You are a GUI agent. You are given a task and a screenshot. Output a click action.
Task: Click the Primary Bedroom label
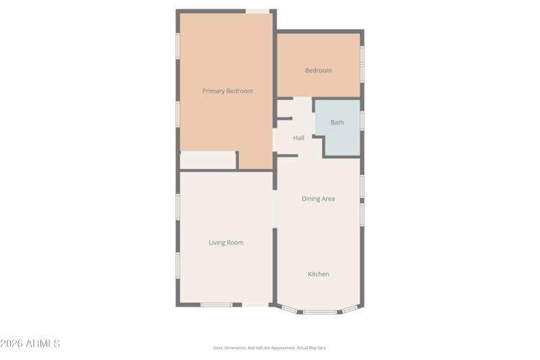pyautogui.click(x=227, y=91)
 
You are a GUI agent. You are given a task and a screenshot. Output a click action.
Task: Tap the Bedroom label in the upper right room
pyautogui.click(x=318, y=70)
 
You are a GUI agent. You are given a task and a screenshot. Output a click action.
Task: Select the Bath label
pyautogui.click(x=337, y=122)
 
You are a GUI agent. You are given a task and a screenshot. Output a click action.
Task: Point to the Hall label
pyautogui.click(x=298, y=138)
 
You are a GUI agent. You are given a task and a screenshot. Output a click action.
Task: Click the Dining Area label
pyautogui.click(x=318, y=199)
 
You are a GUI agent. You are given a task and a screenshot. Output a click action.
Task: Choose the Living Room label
pyautogui.click(x=226, y=242)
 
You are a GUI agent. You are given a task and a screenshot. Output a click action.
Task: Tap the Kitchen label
pyautogui.click(x=319, y=274)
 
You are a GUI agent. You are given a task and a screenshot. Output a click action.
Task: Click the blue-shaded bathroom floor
pyautogui.click(x=341, y=138)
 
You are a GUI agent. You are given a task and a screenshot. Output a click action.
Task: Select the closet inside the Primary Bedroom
pyautogui.click(x=207, y=160)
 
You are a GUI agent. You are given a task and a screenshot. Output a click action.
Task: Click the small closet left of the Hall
pyautogui.click(x=283, y=108)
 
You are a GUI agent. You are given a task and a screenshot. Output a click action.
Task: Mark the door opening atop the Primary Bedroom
pyautogui.click(x=257, y=11)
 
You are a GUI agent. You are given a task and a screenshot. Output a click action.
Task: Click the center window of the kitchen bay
pyautogui.click(x=319, y=312)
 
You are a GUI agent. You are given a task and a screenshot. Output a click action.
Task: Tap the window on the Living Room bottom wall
pyautogui.click(x=216, y=305)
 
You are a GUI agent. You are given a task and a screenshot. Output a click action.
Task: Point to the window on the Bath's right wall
pyautogui.click(x=362, y=120)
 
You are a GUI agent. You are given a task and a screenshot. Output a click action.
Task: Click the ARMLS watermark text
pyautogui.click(x=30, y=344)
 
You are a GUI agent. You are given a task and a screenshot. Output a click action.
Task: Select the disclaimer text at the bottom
pyautogui.click(x=270, y=348)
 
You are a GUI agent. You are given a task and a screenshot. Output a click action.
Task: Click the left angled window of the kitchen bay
pyautogui.click(x=289, y=309)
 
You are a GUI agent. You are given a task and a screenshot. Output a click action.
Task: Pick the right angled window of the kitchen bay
pyautogui.click(x=350, y=309)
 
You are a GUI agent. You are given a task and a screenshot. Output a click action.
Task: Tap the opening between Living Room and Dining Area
pyautogui.click(x=275, y=209)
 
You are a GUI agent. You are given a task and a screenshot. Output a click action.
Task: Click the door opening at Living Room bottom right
pyautogui.click(x=255, y=305)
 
